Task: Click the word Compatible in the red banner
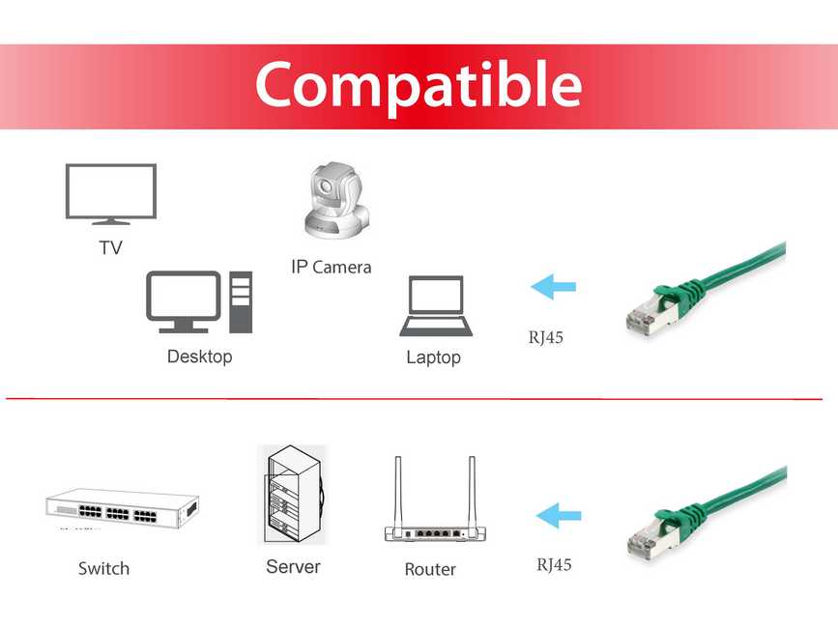(419, 85)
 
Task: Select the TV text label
(110, 247)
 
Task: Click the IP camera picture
(336, 199)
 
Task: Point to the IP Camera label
(332, 267)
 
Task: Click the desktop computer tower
(241, 302)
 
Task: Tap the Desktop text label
(200, 357)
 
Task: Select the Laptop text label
(433, 357)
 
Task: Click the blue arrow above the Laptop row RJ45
(553, 287)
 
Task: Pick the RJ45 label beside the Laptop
(546, 337)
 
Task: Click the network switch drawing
(123, 509)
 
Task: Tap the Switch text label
(103, 569)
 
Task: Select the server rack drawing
(292, 495)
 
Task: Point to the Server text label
(294, 566)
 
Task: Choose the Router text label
(430, 569)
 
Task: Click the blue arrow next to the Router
(559, 516)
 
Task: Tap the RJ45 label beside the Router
(554, 565)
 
